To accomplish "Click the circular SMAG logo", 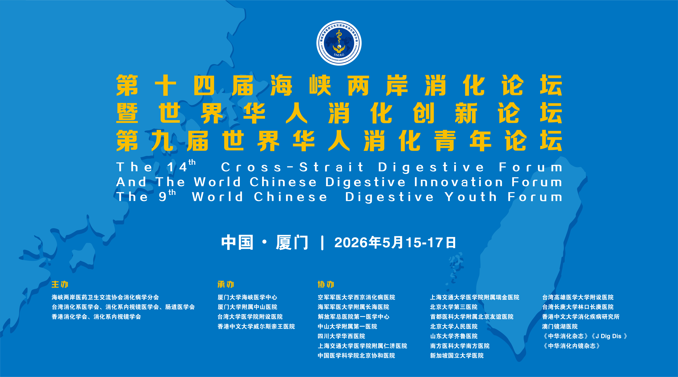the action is coord(339,43).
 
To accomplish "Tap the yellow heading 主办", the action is coord(60,284).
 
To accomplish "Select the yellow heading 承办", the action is coord(226,284).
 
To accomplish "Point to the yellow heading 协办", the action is coord(326,284).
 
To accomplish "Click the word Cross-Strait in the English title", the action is coord(292,167).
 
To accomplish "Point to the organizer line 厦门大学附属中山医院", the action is coord(247,307).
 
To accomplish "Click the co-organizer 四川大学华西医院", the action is coord(341,336).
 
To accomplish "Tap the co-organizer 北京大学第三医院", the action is coord(454,307).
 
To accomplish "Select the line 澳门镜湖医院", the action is coord(560,326).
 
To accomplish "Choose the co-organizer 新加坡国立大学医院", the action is coord(457,356).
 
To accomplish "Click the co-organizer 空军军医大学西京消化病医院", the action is coord(356,297).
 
